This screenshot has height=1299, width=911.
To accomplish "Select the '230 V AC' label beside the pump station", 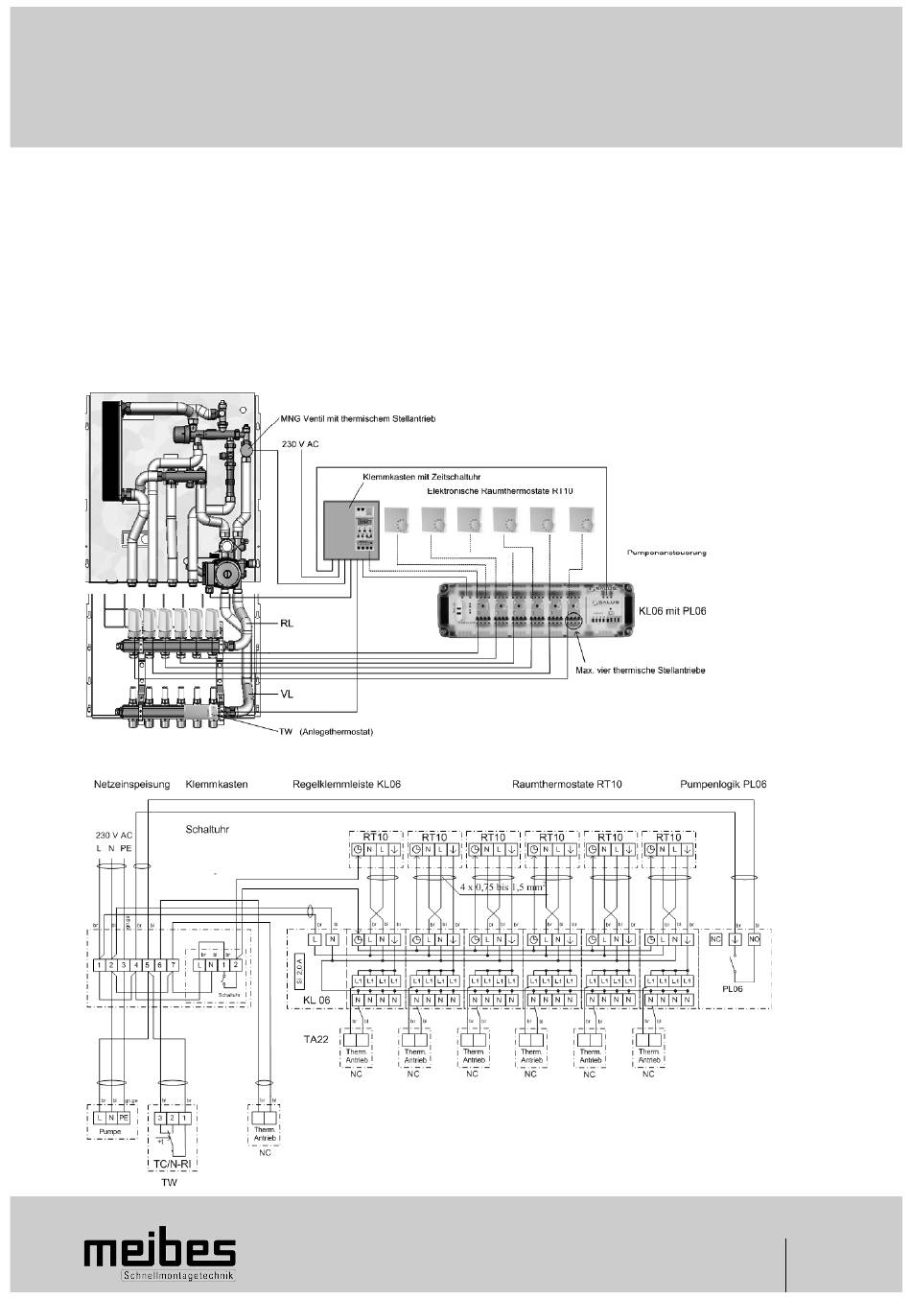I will (299, 444).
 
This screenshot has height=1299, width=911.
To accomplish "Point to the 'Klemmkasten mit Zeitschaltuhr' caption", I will (421, 476).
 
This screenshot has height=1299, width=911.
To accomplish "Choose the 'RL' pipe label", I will (286, 623).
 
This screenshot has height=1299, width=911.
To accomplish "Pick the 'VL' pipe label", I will (286, 692).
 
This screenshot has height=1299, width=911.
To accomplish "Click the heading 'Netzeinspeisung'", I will (131, 784).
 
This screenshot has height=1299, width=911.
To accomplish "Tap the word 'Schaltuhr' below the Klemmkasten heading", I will (208, 827).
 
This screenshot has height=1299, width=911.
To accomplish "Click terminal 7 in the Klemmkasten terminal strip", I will (173, 964).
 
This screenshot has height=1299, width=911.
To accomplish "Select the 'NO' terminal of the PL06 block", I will (755, 939).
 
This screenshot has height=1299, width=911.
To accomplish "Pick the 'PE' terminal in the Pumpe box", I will (125, 1117).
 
